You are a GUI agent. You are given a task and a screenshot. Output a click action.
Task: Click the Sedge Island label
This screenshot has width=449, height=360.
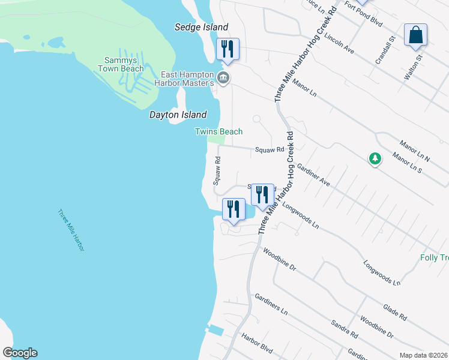pyautogui.click(x=201, y=27)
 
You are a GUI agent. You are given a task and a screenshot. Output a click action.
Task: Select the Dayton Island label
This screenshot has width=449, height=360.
pyautogui.click(x=178, y=115)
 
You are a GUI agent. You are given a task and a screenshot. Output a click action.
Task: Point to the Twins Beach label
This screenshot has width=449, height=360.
pyautogui.click(x=218, y=131)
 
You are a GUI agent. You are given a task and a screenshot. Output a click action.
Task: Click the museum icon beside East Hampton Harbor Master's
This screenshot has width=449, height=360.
pyautogui.click(x=223, y=77)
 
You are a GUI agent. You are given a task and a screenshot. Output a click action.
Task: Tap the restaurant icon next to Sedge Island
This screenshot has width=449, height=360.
pyautogui.click(x=228, y=48)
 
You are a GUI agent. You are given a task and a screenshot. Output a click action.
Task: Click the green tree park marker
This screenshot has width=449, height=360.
pyautogui.click(x=375, y=158)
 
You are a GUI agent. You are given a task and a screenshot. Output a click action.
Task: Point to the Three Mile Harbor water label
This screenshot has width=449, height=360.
pyautogui.click(x=71, y=230)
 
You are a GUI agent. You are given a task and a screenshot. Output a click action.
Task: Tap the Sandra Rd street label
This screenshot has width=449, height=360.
pyautogui.click(x=345, y=329)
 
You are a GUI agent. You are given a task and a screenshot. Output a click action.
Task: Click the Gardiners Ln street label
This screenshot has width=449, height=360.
pyautogui.click(x=271, y=305)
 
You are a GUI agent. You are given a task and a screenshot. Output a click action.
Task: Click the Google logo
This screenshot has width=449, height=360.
pyautogui.click(x=20, y=353)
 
